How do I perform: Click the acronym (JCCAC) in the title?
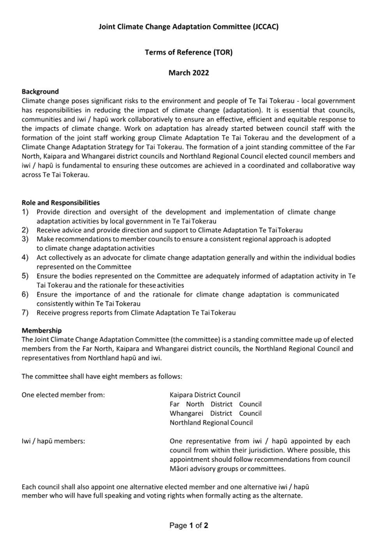pos(265,27)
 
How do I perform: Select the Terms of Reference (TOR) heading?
pos(189,52)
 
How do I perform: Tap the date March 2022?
pos(189,73)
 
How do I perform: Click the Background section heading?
pos(40,92)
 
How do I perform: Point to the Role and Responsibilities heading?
pos(61,203)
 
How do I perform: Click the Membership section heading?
pos(42,330)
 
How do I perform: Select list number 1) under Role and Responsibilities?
pos(25,212)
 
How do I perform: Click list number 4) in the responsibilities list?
pos(25,258)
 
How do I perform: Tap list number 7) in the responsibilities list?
pos(25,313)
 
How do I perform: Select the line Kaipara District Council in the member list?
pos(205,395)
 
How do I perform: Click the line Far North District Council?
pos(215,404)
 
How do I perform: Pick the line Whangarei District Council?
pos(215,413)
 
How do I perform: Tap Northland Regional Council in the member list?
pos(211,423)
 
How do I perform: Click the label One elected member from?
pos(63,395)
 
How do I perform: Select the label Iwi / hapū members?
pos(53,441)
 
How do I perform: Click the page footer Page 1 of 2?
pos(189,526)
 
